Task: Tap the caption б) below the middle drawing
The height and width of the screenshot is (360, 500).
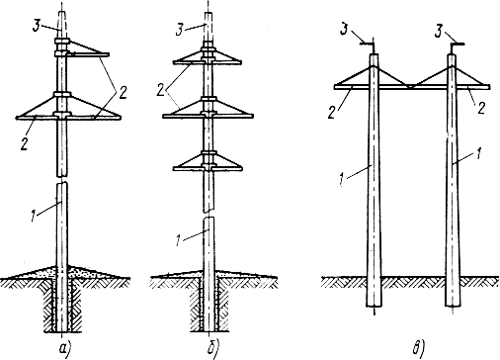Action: (x=213, y=348)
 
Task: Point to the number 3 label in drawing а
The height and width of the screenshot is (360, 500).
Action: (x=37, y=26)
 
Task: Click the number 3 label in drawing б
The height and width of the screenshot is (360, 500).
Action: (x=179, y=30)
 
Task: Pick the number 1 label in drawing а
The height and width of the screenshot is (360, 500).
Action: (x=33, y=217)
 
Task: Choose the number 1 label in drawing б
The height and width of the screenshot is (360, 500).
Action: (x=178, y=240)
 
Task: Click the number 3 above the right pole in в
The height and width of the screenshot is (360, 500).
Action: (x=438, y=32)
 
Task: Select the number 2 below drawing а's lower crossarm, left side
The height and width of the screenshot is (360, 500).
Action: (x=24, y=144)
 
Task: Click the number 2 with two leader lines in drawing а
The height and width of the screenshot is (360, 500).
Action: (x=123, y=93)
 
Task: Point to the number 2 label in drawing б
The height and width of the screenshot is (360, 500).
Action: (x=160, y=90)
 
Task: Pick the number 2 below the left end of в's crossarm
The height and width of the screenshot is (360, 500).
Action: (x=332, y=113)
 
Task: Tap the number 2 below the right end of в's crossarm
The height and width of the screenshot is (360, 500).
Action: (x=481, y=108)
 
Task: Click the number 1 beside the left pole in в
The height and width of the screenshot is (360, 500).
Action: (x=343, y=181)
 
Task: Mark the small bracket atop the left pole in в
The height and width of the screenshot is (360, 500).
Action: (x=370, y=45)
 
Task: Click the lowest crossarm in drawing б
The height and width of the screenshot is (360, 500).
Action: (x=208, y=169)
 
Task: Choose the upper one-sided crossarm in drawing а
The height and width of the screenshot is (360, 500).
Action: (x=88, y=54)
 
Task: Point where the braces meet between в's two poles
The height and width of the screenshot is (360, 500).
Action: (x=410, y=86)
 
